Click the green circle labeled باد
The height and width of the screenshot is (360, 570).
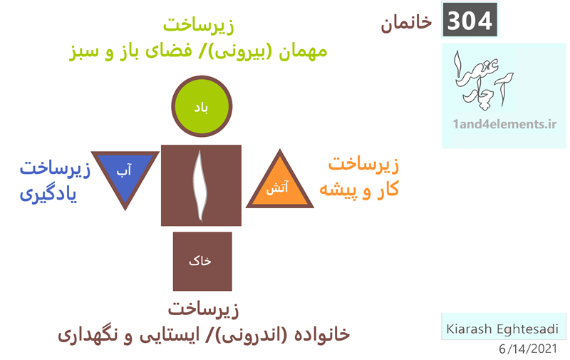pos(202,106)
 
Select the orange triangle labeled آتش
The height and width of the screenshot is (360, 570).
pos(280,184)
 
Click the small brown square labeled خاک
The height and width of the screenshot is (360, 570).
pos(202,262)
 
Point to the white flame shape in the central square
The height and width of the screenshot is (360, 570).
pos(200,186)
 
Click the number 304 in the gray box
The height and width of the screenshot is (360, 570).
pos(470,21)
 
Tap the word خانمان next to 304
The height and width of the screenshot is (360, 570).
pos(406,24)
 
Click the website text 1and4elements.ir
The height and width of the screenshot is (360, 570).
pos(504,124)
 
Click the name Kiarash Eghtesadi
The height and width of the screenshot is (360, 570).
pos(502,329)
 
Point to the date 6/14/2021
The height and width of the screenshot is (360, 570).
pos(528,349)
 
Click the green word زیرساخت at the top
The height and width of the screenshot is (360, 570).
pos(199,26)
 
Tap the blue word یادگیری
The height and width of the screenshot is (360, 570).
pos(48,194)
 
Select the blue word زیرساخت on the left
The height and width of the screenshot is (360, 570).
pos(55,169)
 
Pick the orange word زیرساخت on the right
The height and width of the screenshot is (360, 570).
pos(363,164)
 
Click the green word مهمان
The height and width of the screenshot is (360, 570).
pos(303,51)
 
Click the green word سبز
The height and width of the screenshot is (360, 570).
pos(84,51)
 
